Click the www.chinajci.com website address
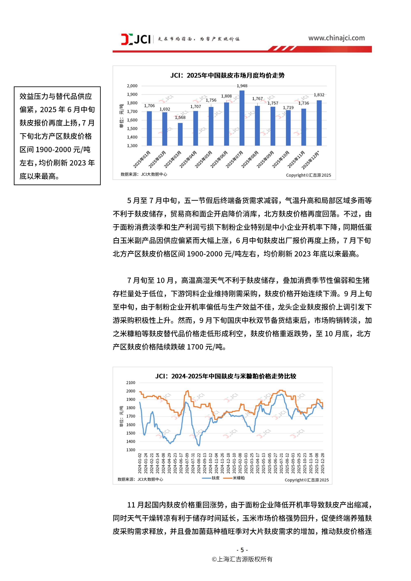[x=336, y=38]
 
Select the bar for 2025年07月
[x=242, y=118]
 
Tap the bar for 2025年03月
[x=180, y=134]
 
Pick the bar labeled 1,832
[x=319, y=123]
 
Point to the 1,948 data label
[x=242, y=86]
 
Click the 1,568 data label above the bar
[x=180, y=117]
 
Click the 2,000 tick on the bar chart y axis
[x=132, y=86]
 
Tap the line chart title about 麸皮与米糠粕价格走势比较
[x=226, y=376]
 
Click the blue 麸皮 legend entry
[x=211, y=478]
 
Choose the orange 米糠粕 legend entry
[x=235, y=478]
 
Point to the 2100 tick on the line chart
[x=131, y=383]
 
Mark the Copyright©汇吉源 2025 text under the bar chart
[x=308, y=175]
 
